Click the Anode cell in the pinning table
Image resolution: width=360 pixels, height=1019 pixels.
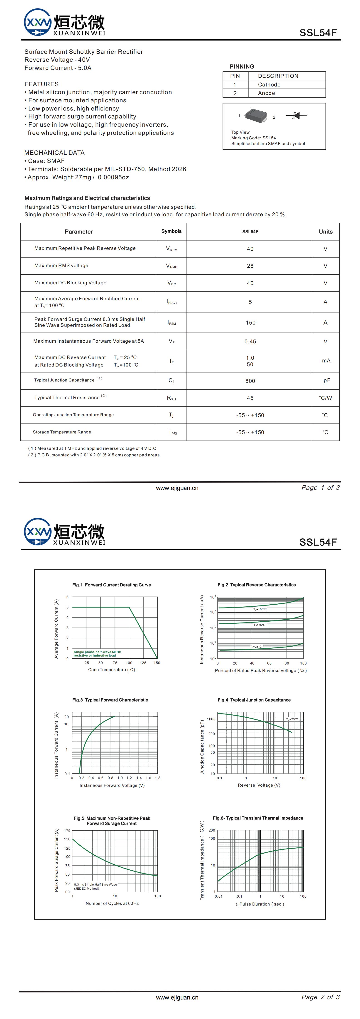[266, 93]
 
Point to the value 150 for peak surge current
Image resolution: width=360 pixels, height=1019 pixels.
[250, 323]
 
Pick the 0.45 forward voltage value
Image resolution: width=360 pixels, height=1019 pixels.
[250, 341]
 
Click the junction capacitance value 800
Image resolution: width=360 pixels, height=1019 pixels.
[250, 381]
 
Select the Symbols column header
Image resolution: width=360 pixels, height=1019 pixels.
[171, 231]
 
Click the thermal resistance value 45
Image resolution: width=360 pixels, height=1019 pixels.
[250, 398]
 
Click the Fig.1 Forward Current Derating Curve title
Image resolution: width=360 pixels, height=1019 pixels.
[112, 585]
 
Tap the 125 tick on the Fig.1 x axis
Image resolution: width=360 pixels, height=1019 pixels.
[143, 663]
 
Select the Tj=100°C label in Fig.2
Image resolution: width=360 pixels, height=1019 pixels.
[260, 609]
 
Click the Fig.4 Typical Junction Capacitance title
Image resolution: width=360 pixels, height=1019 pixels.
[254, 700]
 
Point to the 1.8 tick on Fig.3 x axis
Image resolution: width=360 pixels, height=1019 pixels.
[157, 778]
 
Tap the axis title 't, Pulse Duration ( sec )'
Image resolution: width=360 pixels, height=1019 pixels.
[260, 904]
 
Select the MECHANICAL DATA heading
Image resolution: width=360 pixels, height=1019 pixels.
[54, 153]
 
